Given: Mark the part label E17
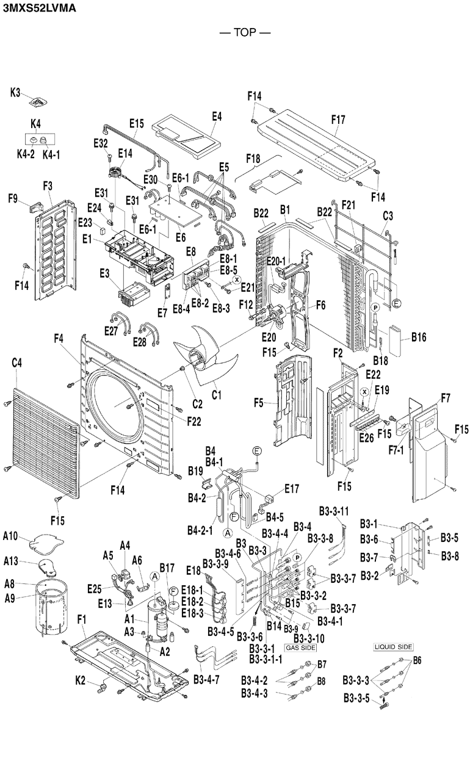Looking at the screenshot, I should pos(292,489).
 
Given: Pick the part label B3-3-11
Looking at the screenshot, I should pos(334,511).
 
